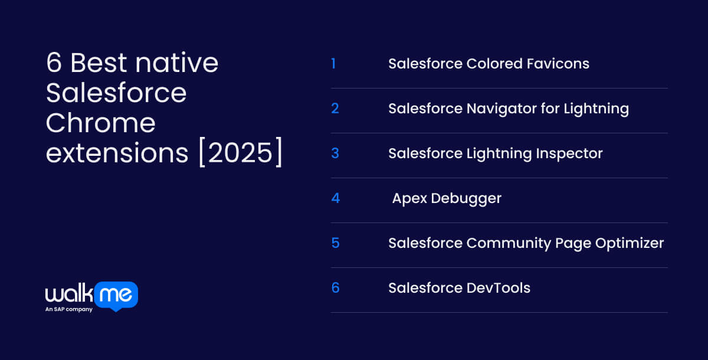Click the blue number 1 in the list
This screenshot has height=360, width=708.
tap(333, 64)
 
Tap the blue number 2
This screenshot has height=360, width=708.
tap(335, 109)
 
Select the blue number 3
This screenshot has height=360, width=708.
tap(335, 153)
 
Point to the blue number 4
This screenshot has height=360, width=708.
tap(336, 198)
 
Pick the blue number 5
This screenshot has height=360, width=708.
tap(335, 243)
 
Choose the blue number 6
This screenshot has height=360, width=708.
tap(335, 288)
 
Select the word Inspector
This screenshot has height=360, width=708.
tap(569, 153)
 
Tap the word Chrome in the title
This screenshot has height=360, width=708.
tap(101, 123)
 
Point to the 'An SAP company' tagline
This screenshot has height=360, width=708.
tap(69, 309)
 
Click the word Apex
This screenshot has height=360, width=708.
tap(409, 198)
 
